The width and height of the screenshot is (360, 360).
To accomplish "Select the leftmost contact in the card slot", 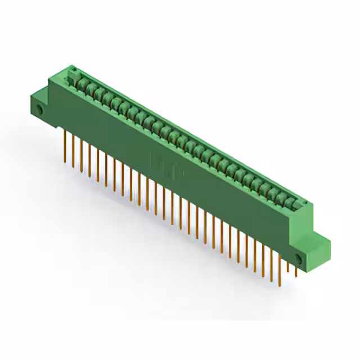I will [80, 84].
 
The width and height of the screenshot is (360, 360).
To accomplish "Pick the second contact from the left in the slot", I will [89, 88].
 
